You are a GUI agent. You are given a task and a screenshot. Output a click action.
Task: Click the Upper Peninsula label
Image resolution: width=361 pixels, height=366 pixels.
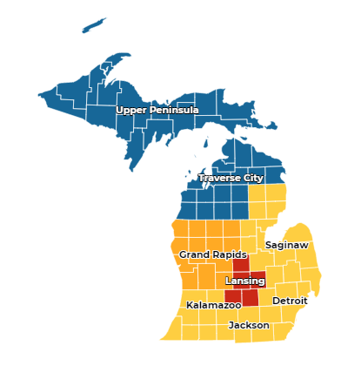[x=157, y=111]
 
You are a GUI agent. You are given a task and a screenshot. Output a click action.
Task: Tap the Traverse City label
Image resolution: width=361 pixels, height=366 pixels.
[x=231, y=179]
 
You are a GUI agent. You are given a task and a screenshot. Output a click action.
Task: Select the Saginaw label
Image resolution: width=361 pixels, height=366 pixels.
[x=287, y=246]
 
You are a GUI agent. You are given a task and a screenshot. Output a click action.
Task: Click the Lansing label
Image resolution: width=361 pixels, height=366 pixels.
[x=244, y=281]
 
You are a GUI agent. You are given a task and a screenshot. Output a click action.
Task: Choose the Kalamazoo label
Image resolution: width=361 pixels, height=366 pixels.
[x=214, y=306]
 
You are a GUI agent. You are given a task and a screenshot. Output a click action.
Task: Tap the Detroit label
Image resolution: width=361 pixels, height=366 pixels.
[x=290, y=301]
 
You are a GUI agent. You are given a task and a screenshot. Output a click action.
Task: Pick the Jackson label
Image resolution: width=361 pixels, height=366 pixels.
[x=249, y=326]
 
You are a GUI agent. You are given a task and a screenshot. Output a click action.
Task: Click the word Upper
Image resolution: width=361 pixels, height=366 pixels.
[x=132, y=111]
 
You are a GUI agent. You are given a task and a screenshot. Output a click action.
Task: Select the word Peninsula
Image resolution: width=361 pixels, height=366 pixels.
[x=174, y=111]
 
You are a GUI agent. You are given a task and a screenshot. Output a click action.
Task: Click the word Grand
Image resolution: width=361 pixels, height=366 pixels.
[x=194, y=254]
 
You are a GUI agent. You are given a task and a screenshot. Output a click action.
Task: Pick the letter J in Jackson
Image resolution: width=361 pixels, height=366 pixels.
[x=231, y=326]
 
